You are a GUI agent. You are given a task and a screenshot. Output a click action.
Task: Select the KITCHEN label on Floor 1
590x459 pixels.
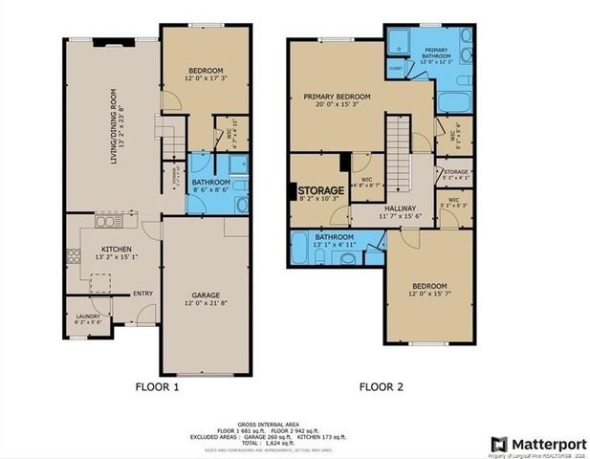[116, 249]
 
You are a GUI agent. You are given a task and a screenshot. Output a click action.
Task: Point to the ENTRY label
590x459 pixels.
[143, 294]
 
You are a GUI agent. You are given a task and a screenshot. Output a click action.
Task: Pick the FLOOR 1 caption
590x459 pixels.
[156, 386]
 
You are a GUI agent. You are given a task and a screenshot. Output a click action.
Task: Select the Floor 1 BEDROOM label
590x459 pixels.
[206, 70]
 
